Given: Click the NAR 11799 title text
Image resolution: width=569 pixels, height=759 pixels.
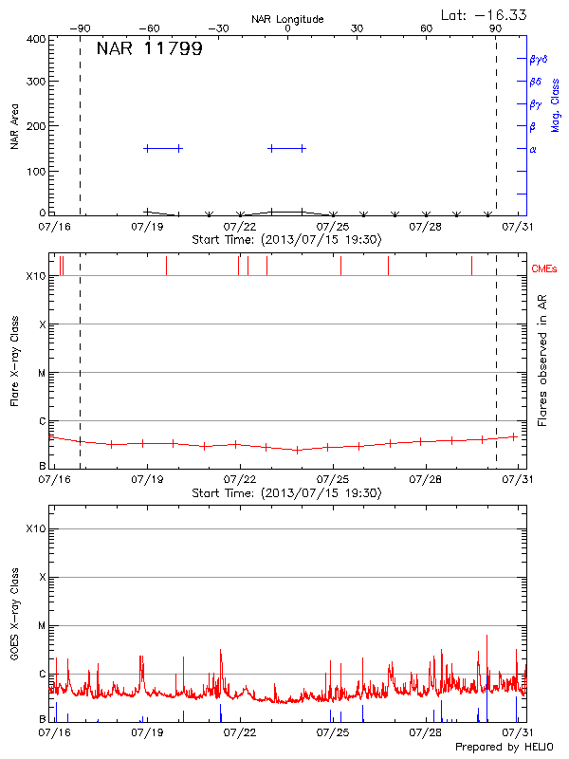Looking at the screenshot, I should point(149,49).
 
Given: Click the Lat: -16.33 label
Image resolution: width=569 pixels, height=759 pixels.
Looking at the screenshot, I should point(485,14).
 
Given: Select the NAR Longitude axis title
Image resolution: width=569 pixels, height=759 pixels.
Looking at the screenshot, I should point(287,19).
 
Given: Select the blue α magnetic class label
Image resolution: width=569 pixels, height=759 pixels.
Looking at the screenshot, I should point(533,149).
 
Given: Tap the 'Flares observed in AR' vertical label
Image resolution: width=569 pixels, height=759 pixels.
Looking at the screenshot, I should point(542,356).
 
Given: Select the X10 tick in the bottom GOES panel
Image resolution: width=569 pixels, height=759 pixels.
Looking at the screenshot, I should point(35,528).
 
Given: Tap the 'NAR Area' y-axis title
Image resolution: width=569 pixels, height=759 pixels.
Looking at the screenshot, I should point(15,127).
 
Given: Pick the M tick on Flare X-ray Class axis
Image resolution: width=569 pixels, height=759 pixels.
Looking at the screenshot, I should point(42,373).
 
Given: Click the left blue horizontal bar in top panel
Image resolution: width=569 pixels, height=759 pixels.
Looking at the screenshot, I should point(163,148).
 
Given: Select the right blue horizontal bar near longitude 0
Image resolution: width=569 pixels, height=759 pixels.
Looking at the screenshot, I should point(287,148).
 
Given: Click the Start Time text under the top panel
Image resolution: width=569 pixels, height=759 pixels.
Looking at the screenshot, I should point(287,240).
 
